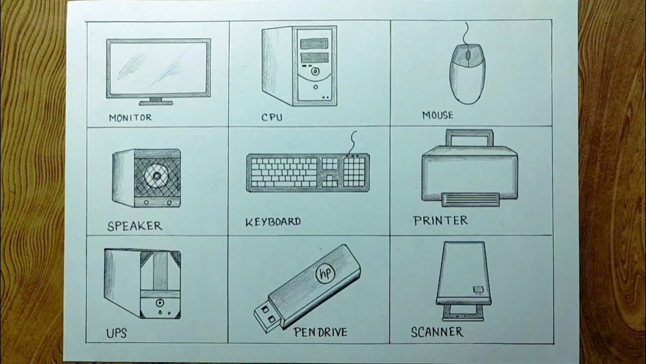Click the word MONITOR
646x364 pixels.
(130, 118)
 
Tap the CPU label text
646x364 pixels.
(272, 117)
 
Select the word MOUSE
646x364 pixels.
(438, 115)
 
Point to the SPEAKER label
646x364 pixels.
(135, 226)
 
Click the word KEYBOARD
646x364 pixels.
(273, 222)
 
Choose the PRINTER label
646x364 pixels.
(440, 220)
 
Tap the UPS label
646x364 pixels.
(116, 333)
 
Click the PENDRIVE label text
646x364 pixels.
(320, 332)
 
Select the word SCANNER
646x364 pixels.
(437, 332)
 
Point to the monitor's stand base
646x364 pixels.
(156, 103)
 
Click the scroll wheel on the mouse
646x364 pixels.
(467, 55)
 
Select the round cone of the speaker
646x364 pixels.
(156, 175)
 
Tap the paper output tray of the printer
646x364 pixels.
(470, 200)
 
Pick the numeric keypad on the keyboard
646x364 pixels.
(354, 171)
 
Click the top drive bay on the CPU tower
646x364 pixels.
(314, 43)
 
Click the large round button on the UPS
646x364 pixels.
(159, 303)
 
